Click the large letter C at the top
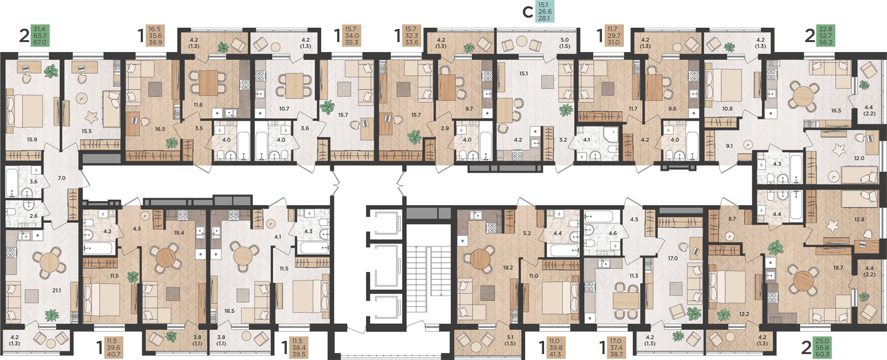(x=527, y=12)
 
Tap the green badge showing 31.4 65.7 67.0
(x=40, y=35)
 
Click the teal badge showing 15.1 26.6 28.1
(x=545, y=11)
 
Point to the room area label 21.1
(x=57, y=290)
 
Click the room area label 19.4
(x=179, y=233)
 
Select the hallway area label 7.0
(x=61, y=178)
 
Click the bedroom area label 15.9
(x=32, y=140)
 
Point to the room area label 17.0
(x=673, y=258)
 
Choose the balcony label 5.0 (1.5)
(x=565, y=43)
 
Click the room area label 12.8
(x=859, y=219)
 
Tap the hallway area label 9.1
(x=729, y=146)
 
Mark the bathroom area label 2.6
(x=34, y=216)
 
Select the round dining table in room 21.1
(x=48, y=262)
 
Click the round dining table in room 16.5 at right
(x=802, y=96)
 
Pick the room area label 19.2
(x=508, y=268)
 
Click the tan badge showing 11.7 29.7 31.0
(x=613, y=35)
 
